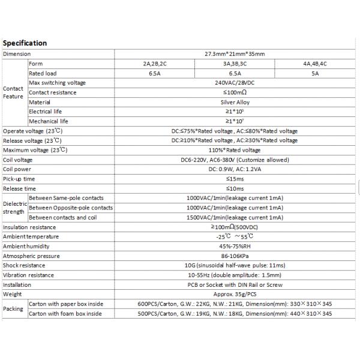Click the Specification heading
point(25,43)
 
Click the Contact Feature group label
point(14,92)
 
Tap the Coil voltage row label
point(18,160)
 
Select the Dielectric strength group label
point(14,208)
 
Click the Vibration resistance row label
point(28,275)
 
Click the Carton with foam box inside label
point(65,313)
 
